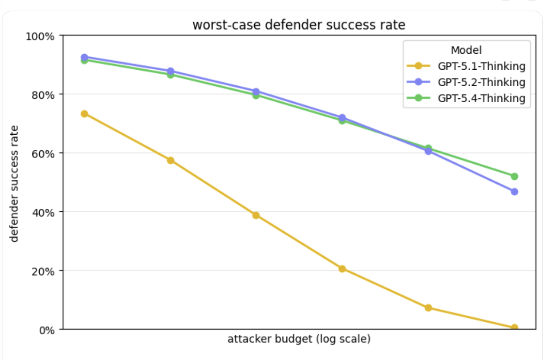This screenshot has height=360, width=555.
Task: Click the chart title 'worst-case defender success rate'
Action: pyautogui.click(x=299, y=25)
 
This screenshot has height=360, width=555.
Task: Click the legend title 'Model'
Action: pyautogui.click(x=466, y=50)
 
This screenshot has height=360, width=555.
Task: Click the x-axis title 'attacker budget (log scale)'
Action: pyautogui.click(x=299, y=339)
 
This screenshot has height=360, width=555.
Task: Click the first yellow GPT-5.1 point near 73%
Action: pyautogui.click(x=84, y=114)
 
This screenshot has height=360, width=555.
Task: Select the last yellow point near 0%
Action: pyautogui.click(x=514, y=328)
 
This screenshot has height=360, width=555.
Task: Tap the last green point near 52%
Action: pyautogui.click(x=514, y=176)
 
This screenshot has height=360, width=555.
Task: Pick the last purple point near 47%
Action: pyautogui.click(x=514, y=192)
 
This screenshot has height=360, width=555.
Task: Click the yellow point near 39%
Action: pyautogui.click(x=256, y=215)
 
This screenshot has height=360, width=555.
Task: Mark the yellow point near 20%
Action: pyautogui.click(x=342, y=269)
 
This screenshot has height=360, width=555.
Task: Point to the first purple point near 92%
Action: pyautogui.click(x=84, y=57)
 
